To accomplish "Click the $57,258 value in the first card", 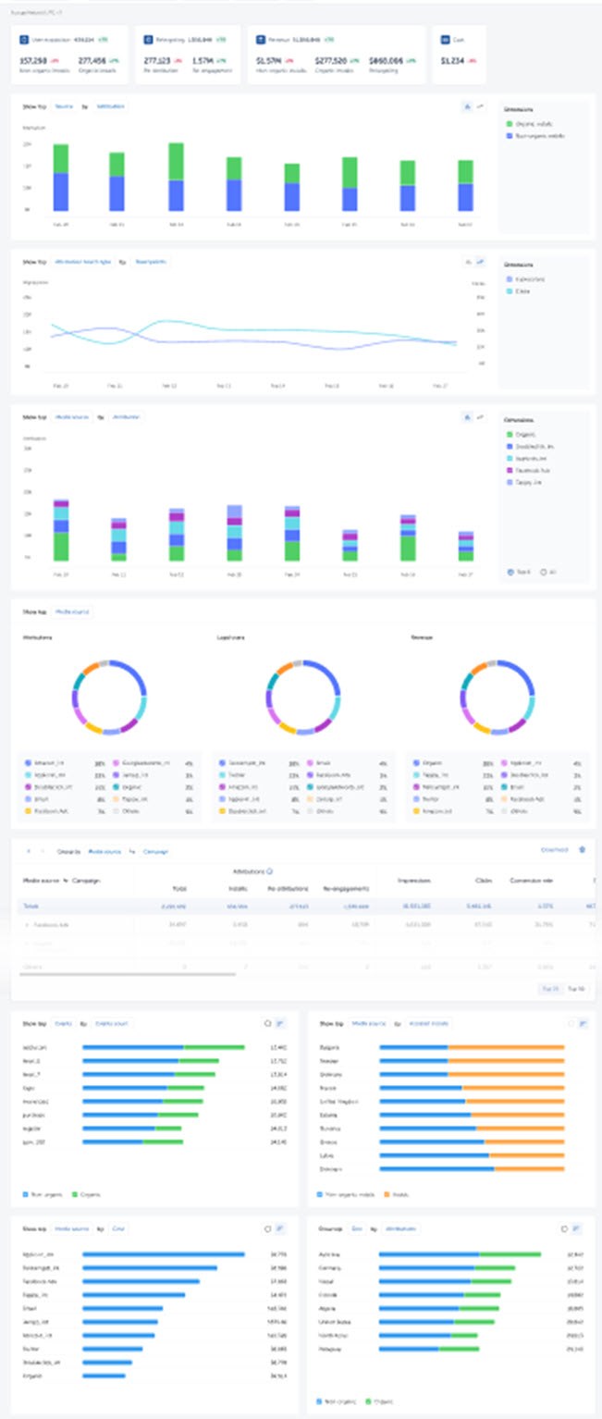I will tap(33, 60).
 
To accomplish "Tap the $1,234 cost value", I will tap(452, 60).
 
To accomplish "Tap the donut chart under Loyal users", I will tap(301, 697).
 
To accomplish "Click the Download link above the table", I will tap(555, 849).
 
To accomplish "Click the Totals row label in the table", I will tap(31, 907).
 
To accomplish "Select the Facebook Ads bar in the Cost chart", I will tap(141, 1281).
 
